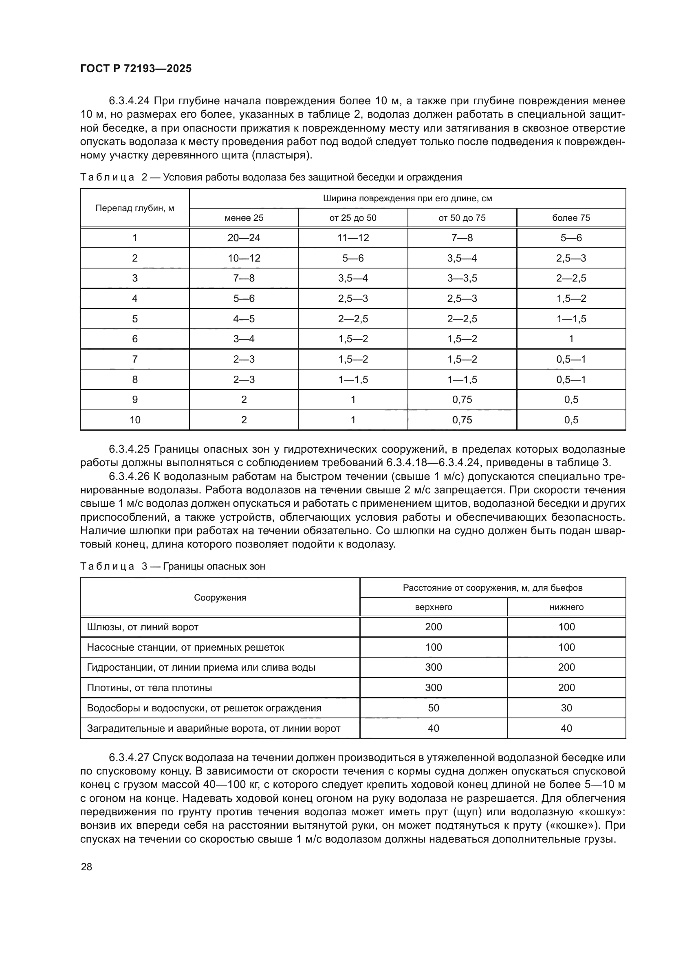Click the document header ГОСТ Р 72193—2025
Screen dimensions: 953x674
pos(136,69)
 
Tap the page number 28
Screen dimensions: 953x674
pos(86,867)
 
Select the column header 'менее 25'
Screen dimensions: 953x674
pos(244,218)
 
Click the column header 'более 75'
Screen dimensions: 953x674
pos(570,218)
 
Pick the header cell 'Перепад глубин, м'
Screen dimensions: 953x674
pos(134,208)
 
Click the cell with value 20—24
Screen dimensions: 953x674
pos(244,238)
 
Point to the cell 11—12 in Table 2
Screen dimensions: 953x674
pos(353,238)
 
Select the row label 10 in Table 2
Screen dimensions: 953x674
pos(135,420)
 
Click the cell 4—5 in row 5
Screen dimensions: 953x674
pos(244,319)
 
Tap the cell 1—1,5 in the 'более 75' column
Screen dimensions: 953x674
pos(570,319)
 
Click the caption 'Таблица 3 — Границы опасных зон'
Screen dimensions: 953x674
pos(172,566)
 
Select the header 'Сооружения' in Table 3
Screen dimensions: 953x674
pos(220,598)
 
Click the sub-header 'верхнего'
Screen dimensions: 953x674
pos(433,607)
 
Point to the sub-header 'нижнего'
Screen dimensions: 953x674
pos(566,607)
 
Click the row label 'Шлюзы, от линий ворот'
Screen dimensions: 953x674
pos(142,627)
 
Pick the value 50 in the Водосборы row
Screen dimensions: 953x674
pos(433,708)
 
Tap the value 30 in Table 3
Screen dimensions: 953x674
pos(566,708)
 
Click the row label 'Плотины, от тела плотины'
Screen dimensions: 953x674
pos(149,688)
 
